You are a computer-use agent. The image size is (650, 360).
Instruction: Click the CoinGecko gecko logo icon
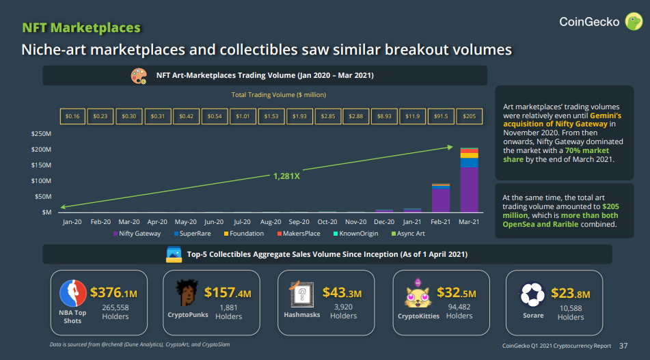click(x=634, y=21)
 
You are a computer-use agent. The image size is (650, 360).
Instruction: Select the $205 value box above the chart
click(x=468, y=116)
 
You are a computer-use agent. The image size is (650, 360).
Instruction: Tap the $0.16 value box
click(x=72, y=116)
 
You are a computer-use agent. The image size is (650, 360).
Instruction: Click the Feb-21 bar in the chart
click(x=440, y=198)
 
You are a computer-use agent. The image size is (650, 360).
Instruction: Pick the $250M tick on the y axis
click(x=42, y=133)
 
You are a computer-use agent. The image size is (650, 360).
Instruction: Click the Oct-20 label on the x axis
click(x=327, y=222)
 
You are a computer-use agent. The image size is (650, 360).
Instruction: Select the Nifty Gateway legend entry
click(x=137, y=234)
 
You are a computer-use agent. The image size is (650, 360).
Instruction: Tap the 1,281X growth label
click(x=286, y=176)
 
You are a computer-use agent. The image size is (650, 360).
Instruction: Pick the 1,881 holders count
click(x=228, y=307)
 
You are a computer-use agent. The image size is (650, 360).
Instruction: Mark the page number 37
click(x=623, y=346)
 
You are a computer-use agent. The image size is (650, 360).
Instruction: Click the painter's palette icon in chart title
click(x=139, y=75)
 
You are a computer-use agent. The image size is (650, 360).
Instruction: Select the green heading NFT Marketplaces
click(x=81, y=28)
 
